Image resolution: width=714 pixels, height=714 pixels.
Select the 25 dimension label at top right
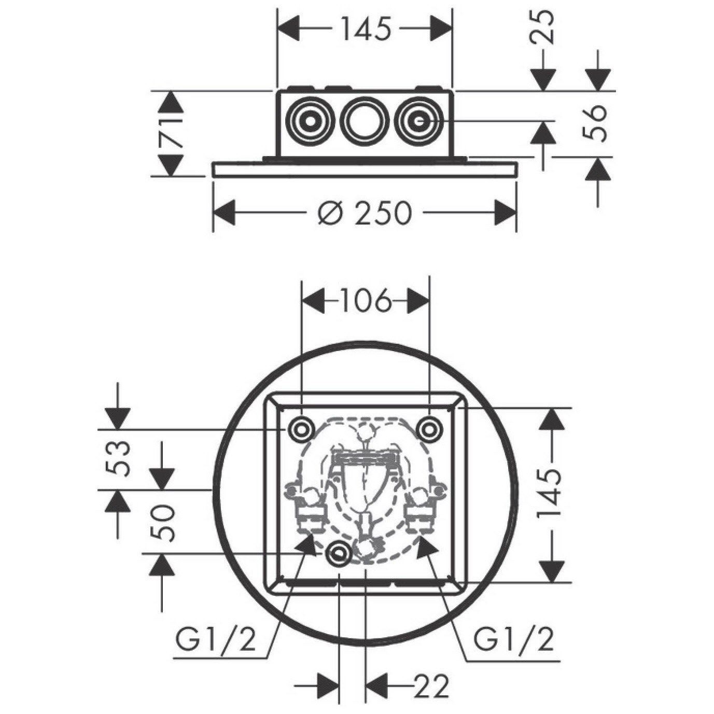pyautogui.click(x=543, y=26)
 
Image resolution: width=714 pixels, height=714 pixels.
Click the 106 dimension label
pyautogui.click(x=366, y=301)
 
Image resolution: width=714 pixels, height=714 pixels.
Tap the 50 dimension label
pyautogui.click(x=163, y=523)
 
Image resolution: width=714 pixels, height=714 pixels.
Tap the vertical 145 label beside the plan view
pyautogui.click(x=551, y=495)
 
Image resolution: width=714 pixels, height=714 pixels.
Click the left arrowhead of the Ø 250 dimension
pyautogui.click(x=224, y=213)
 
